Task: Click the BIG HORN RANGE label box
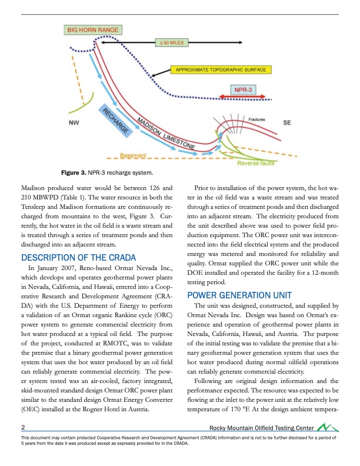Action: click(x=92, y=29)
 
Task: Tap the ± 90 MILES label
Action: click(x=169, y=43)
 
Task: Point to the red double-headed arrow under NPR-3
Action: click(x=243, y=98)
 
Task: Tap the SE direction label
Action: click(x=288, y=124)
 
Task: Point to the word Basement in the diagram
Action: click(x=134, y=156)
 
